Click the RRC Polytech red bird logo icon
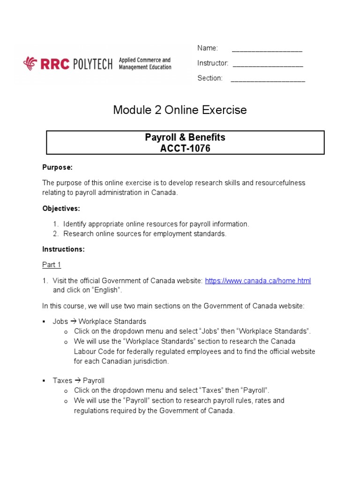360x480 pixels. (30, 63)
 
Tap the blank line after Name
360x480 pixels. (267, 49)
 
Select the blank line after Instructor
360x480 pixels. (268, 64)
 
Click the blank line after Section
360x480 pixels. (268, 79)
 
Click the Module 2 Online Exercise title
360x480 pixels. (180, 110)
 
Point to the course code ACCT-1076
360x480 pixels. (185, 149)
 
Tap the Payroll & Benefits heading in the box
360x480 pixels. (185, 137)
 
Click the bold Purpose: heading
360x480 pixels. (58, 167)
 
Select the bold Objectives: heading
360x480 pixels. (61, 208)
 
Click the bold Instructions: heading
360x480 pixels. (64, 249)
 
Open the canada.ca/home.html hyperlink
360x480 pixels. (258, 281)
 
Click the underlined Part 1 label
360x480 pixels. (52, 265)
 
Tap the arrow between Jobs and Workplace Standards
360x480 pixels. (73, 322)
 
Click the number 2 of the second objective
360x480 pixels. (55, 234)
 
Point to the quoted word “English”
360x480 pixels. (106, 290)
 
